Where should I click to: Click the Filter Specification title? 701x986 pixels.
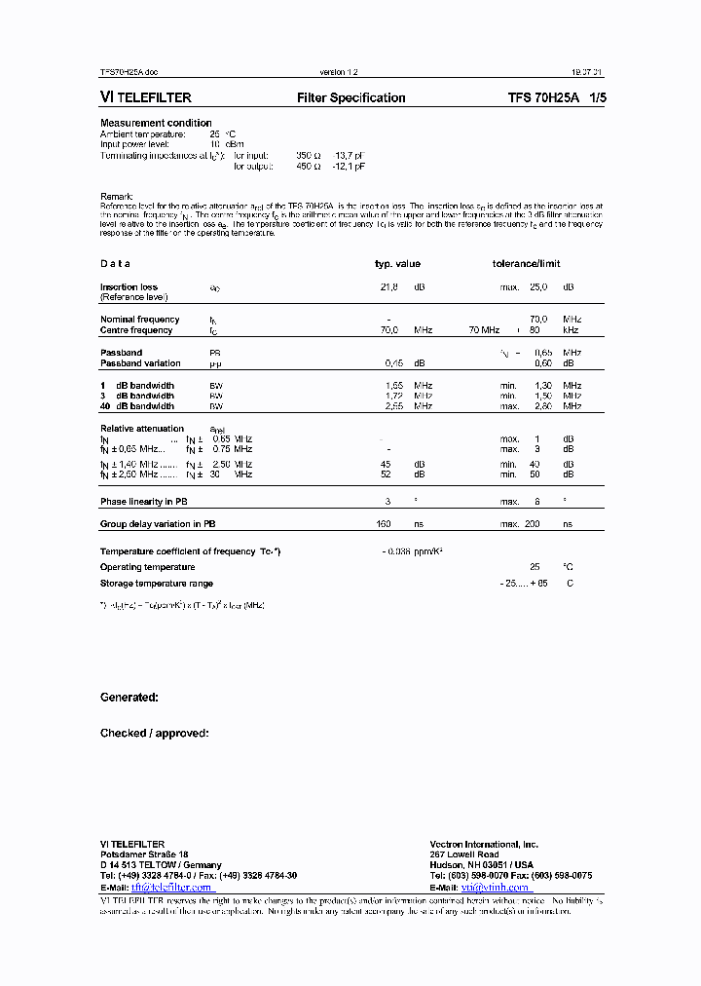pos(350,97)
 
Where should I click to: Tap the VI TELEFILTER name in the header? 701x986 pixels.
pos(146,97)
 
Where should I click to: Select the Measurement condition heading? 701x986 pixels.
pos(156,123)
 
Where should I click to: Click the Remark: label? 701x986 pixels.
pos(117,197)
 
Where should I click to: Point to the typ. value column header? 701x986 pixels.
pos(397,264)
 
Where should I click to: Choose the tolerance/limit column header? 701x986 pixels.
pos(526,264)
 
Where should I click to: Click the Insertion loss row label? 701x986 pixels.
pos(129,287)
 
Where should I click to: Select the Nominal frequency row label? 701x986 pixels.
pos(140,320)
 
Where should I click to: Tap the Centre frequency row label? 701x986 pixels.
pos(136,330)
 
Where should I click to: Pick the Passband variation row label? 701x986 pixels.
pos(140,363)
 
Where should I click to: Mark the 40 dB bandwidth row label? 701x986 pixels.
pos(137,405)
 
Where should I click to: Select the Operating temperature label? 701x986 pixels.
pos(147,567)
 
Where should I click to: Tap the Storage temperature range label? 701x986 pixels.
pos(156,583)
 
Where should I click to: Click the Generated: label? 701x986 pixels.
pos(129,698)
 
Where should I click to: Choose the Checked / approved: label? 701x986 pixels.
pos(155,733)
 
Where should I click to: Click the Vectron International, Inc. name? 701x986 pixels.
pos(484,844)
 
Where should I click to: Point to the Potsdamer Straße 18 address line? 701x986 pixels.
pos(145,854)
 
